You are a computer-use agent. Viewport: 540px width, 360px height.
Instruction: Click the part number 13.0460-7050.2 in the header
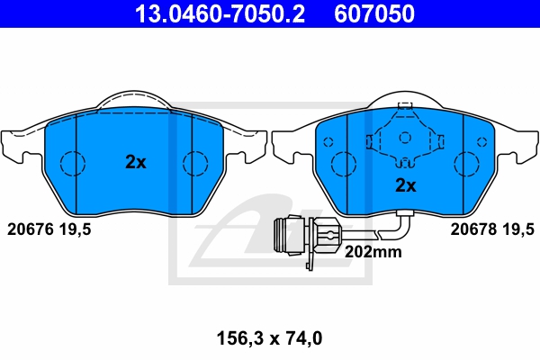(220, 13)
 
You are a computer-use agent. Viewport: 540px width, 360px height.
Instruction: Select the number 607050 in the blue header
(374, 13)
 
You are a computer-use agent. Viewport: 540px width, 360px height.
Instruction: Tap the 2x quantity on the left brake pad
(136, 162)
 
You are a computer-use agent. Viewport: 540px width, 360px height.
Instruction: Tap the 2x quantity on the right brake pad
(406, 185)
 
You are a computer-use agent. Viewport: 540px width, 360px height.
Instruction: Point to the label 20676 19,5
(49, 229)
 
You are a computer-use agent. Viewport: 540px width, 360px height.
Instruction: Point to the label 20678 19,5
(492, 229)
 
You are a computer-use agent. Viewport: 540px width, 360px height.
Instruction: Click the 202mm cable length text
(373, 252)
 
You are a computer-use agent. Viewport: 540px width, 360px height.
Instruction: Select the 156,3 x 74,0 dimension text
(269, 338)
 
